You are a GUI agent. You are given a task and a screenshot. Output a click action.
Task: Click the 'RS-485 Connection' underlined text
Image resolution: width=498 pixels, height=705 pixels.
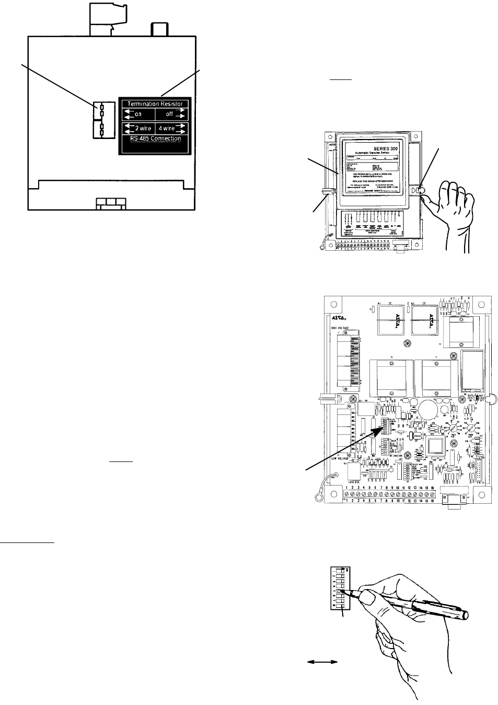tap(155, 138)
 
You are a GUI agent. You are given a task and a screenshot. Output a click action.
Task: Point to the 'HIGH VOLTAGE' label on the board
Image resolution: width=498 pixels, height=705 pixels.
tap(340, 328)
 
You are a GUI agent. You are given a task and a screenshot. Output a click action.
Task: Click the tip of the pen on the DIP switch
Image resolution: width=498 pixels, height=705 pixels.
tap(340, 592)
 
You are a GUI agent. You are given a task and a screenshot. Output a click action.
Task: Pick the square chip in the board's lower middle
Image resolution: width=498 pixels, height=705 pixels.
tap(435, 446)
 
